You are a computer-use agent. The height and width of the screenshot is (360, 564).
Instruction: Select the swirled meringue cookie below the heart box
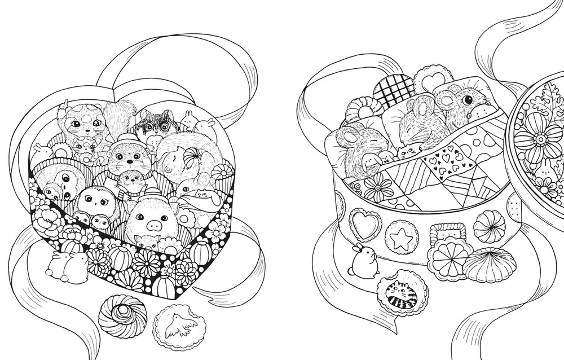[122, 316]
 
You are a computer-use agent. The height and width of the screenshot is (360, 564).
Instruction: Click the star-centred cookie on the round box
[402, 238]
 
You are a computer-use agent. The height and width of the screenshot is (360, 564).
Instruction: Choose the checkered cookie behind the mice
[393, 89]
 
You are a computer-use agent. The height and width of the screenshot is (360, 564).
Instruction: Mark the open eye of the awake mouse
[466, 100]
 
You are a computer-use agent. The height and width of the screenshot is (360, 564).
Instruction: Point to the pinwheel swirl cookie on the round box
[489, 226]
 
